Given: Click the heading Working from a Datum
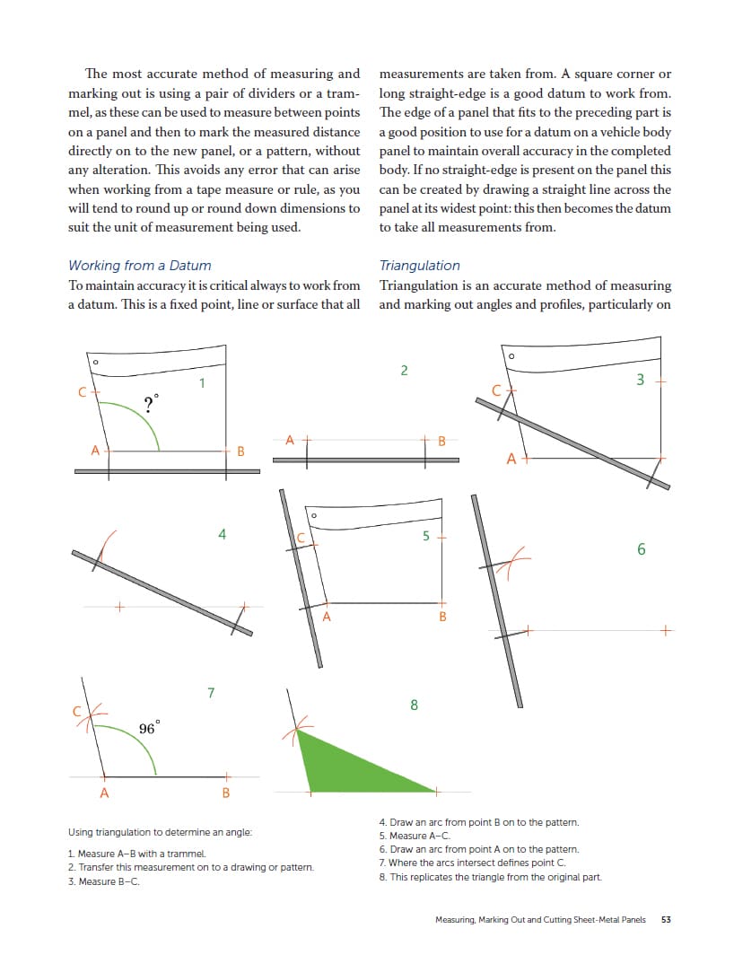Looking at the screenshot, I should coord(140,266).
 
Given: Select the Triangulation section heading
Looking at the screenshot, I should coord(419,266).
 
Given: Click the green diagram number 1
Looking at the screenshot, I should coord(203,383).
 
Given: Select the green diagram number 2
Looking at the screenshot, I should coord(404,370).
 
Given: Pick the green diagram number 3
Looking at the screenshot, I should coord(640,380).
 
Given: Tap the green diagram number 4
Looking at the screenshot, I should coord(222,535).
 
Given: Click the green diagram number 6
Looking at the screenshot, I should coord(641,549).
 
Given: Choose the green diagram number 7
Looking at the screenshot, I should coord(210,692).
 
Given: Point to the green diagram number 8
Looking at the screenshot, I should coord(414,705).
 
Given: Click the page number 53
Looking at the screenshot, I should coord(666,919).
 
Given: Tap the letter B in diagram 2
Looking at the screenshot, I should coord(441,441).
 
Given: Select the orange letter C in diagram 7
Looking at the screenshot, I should coord(77,711).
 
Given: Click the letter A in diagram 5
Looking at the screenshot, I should coord(327,617).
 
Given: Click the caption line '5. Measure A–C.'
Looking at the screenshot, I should coord(415,836).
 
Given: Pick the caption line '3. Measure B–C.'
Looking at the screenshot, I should coord(103,881).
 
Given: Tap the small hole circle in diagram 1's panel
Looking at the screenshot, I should coord(96,364).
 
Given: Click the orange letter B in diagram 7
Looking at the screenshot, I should coord(225,793).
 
